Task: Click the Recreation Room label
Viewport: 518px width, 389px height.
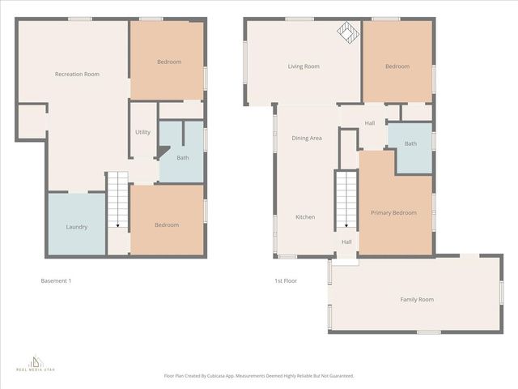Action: [77, 75]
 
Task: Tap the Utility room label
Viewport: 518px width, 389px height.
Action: [142, 132]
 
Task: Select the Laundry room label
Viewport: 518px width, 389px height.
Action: [77, 227]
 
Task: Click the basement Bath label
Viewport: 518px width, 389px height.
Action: [183, 157]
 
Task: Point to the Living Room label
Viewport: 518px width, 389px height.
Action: [304, 66]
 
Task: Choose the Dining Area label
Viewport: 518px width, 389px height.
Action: [307, 139]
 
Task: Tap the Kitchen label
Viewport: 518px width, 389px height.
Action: [305, 217]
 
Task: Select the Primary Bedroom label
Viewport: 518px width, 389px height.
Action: [393, 213]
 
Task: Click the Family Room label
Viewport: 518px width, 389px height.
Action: [417, 300]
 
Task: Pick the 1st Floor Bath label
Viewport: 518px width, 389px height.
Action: [411, 144]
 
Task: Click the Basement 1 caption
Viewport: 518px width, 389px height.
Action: [57, 281]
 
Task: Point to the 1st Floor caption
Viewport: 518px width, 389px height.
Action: [285, 281]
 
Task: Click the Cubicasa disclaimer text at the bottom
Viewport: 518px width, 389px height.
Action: [259, 376]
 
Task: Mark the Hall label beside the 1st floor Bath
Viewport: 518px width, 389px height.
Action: [370, 124]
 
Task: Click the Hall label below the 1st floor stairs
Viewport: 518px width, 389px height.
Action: [346, 242]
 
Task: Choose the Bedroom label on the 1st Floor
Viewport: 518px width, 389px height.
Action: [397, 66]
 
